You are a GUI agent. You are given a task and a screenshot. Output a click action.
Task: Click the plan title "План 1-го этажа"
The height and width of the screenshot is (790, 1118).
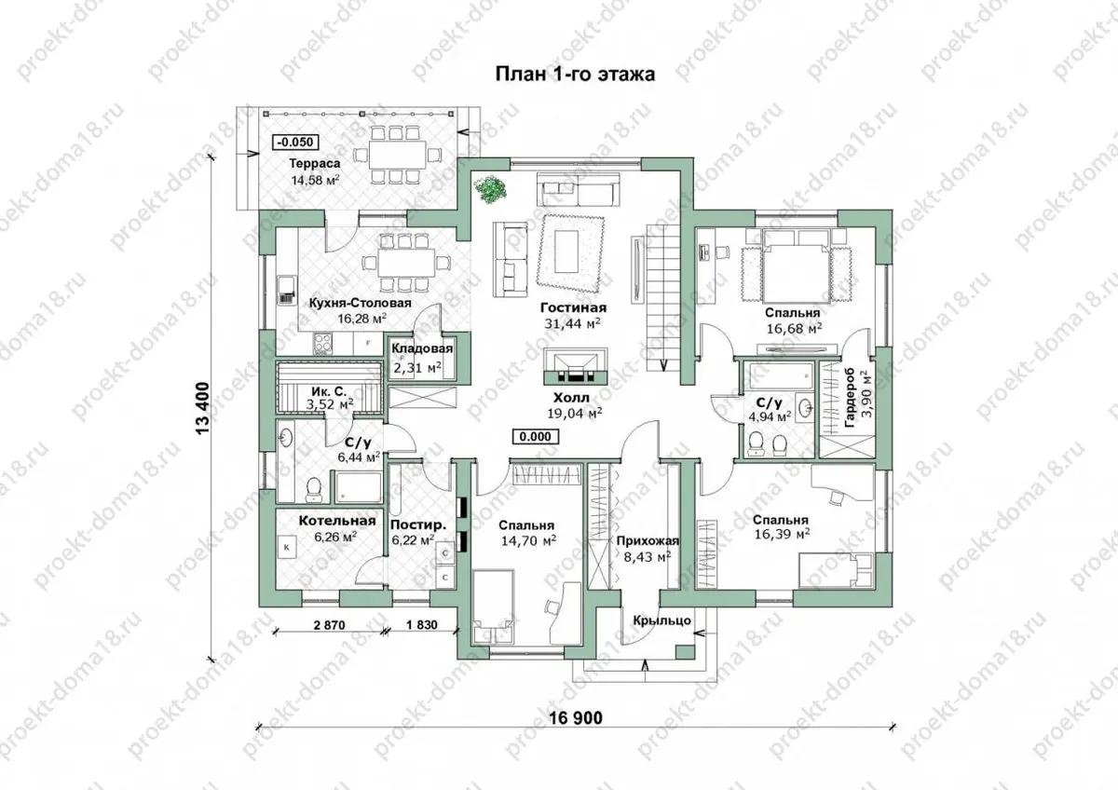pos(575,75)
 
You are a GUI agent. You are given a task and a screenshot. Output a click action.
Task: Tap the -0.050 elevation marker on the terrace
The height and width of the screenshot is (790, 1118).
pos(296,143)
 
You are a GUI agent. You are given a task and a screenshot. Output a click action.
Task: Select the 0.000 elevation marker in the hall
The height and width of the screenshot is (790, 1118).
pos(536,437)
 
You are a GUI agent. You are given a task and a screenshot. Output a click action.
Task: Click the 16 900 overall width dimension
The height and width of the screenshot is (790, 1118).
pos(576,717)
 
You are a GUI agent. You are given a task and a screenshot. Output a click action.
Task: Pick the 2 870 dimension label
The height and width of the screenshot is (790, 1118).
pos(329,625)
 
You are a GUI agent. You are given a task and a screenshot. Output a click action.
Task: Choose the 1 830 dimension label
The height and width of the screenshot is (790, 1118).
pos(422,624)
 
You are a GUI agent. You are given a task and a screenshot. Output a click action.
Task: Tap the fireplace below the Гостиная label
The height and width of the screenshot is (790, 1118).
pos(576,366)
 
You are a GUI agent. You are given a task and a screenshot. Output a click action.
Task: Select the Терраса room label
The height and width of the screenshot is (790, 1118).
pos(315,163)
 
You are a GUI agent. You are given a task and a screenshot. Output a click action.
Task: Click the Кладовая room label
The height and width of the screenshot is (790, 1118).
pos(422,348)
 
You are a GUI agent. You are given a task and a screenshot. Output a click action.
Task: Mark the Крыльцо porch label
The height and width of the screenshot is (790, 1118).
pos(662,620)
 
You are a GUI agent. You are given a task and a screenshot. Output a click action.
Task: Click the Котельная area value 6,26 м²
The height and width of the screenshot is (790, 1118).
pos(335,537)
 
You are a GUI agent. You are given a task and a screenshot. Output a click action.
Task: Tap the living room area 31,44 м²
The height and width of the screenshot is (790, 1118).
pos(572,323)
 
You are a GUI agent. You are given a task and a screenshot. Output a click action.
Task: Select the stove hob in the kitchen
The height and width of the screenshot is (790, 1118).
pos(323,344)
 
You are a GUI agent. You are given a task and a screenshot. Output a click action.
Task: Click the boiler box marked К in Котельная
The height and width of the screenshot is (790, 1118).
pos(287,547)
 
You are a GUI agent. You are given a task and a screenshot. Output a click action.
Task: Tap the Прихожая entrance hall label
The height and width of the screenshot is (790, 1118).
pos(648,541)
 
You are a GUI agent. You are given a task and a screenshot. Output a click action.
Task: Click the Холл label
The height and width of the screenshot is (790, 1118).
pos(571,398)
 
